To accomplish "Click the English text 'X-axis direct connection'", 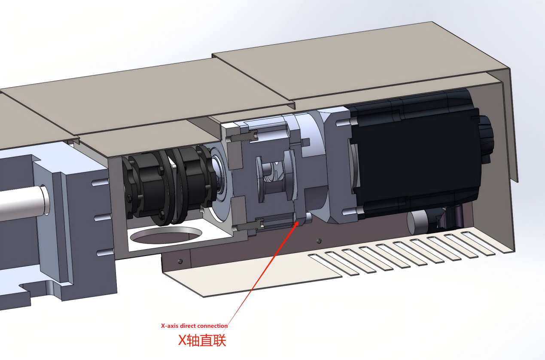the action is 194,326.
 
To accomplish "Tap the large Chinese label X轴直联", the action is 202,340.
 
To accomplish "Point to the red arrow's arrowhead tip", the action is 298,221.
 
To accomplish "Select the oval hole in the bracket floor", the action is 166,235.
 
